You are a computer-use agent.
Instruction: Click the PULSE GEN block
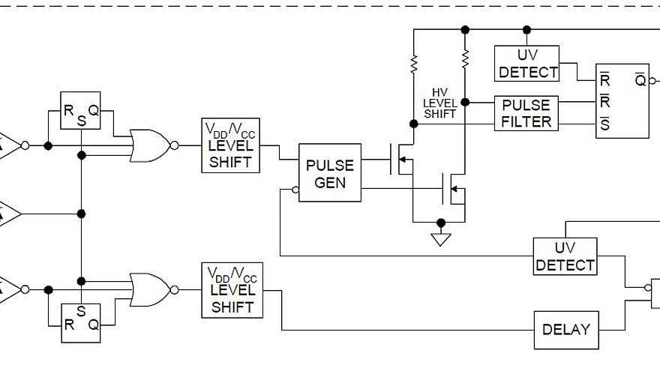coord(330,174)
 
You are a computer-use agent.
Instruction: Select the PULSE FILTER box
coord(526,113)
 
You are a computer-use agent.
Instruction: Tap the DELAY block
coord(566,329)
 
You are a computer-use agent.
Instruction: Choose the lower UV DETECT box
coord(565,256)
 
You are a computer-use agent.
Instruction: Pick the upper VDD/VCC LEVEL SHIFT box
coord(231,145)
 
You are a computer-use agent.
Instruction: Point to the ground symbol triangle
coord(441,239)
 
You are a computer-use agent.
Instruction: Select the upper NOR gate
coord(149,145)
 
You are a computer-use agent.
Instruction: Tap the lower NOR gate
coord(149,289)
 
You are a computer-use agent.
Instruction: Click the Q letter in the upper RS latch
coord(92,110)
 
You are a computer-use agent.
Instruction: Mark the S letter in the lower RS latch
coord(79,310)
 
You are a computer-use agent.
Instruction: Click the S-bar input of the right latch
coord(604,124)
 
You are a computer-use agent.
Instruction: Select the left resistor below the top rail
coord(412,66)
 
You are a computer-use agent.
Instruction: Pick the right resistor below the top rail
coord(465,57)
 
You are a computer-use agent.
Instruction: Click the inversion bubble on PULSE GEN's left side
coord(295,190)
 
